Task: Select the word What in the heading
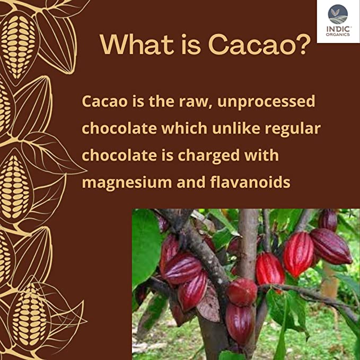136,45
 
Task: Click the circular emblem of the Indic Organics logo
338,14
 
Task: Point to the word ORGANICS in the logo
338,34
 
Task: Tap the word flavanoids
250,182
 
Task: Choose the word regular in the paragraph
293,129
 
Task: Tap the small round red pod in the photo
242,292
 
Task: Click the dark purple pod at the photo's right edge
331,246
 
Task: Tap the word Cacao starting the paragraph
104,101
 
